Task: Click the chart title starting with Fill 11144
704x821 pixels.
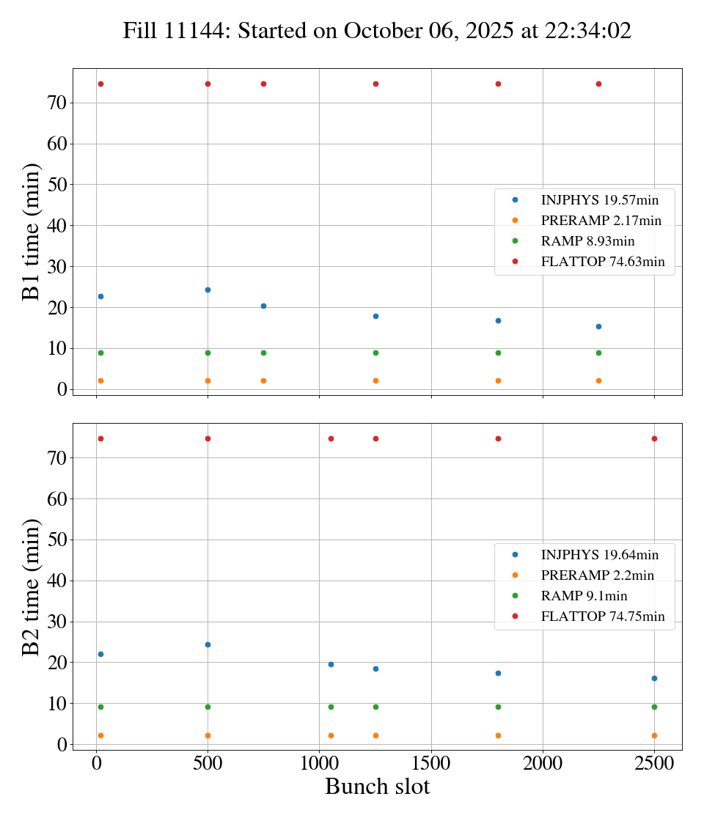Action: coord(377,32)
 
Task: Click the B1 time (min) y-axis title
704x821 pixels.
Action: coord(31,232)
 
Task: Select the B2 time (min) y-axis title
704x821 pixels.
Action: coord(31,586)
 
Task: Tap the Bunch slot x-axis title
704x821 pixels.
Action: coord(377,787)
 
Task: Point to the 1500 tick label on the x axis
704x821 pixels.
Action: coord(431,762)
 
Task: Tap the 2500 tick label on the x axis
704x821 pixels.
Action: coord(654,762)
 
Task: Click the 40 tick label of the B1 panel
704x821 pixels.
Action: coord(58,226)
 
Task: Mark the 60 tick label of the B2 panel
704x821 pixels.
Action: coord(58,499)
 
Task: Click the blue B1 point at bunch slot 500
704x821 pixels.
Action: coord(208,290)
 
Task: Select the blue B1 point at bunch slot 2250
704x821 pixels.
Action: coord(598,326)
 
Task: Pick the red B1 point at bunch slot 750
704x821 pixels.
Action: coord(263,84)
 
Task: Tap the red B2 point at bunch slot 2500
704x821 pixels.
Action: coord(654,438)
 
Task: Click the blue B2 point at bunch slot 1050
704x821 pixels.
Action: coord(331,664)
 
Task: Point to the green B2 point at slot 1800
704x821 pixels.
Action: coord(498,707)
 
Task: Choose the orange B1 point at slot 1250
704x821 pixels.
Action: coord(375,380)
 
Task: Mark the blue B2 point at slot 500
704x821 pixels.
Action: coord(208,644)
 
